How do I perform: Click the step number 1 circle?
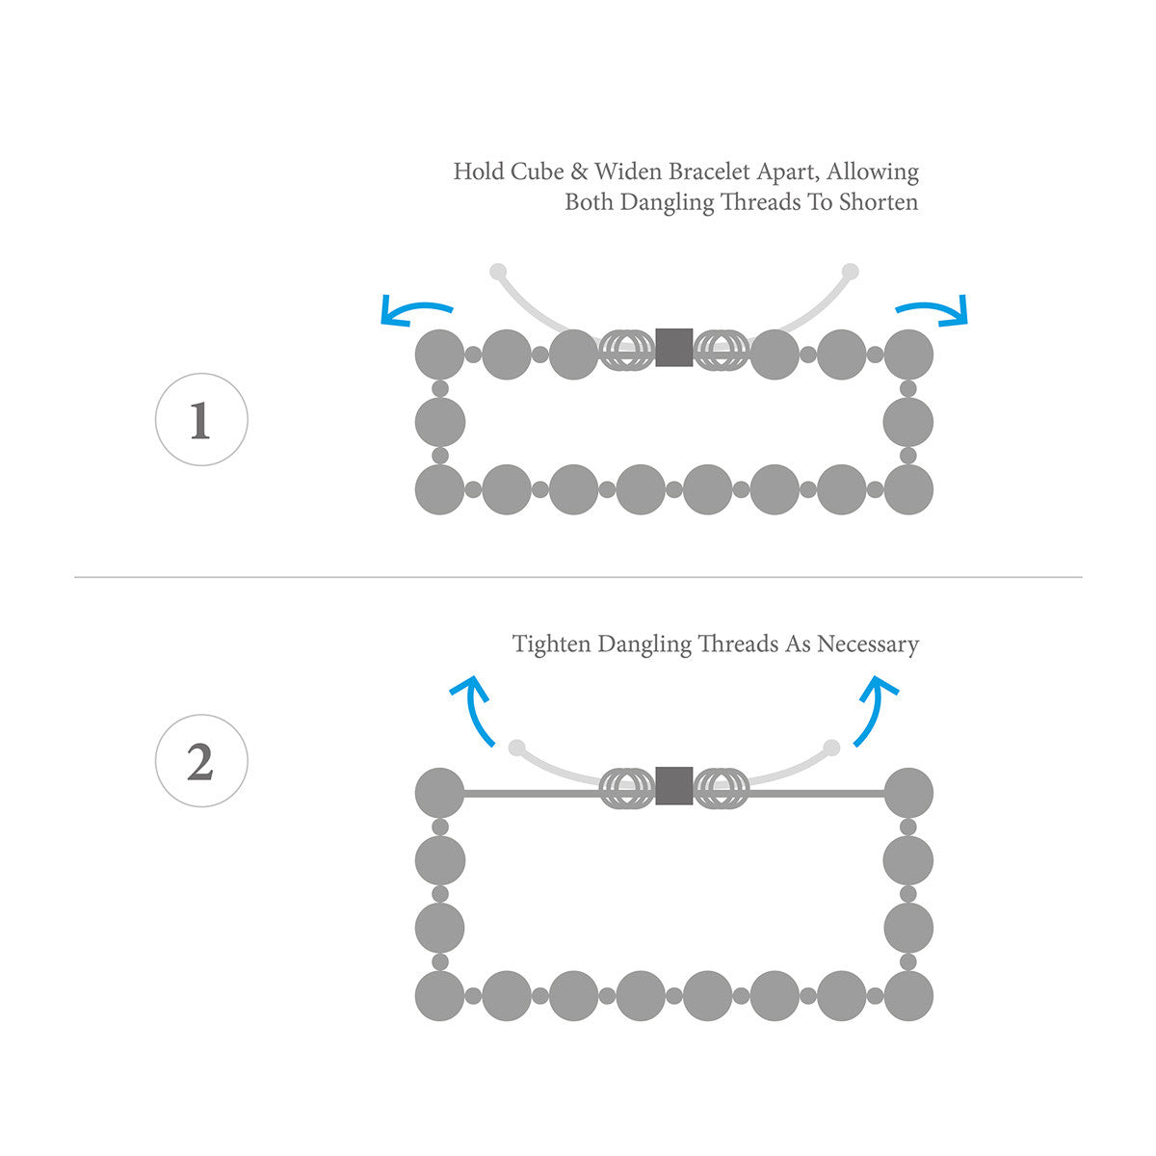[x=201, y=420]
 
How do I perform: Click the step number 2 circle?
[x=201, y=761]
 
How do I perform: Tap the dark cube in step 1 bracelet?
[x=673, y=348]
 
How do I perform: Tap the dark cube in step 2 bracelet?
[x=673, y=786]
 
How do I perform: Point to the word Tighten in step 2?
[x=552, y=644]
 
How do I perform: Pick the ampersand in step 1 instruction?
[x=579, y=172]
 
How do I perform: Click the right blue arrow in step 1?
[x=934, y=310]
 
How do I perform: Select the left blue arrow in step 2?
[x=474, y=708]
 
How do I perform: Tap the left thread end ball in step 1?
[x=498, y=272]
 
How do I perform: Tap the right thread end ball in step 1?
[x=850, y=272]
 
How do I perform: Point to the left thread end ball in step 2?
[x=517, y=748]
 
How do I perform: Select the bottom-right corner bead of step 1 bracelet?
[x=908, y=489]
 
